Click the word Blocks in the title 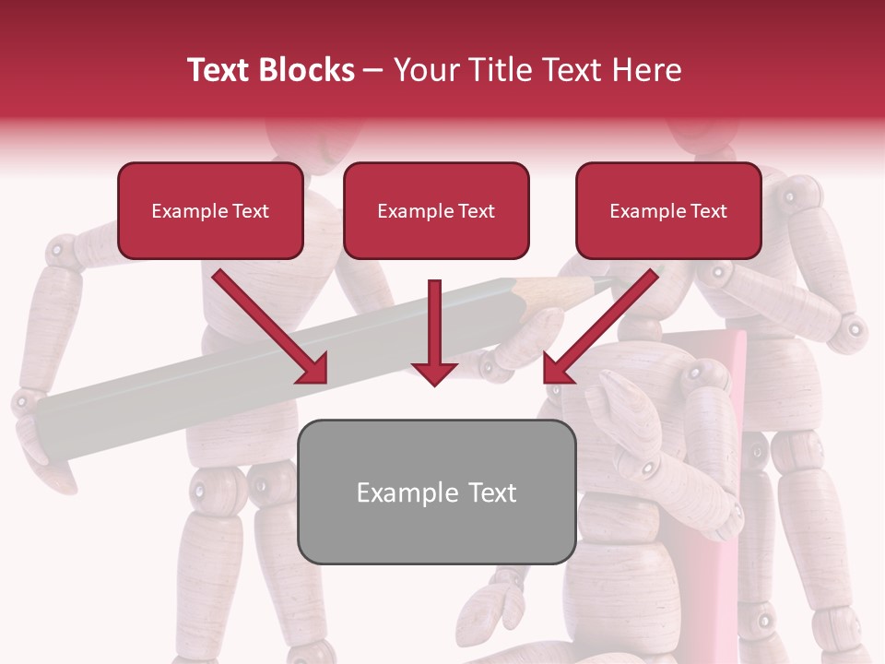(309, 70)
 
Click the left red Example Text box (210, 210)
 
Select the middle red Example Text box (436, 210)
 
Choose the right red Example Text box (668, 210)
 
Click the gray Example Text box (437, 492)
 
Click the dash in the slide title (373, 70)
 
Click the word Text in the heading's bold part (221, 70)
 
